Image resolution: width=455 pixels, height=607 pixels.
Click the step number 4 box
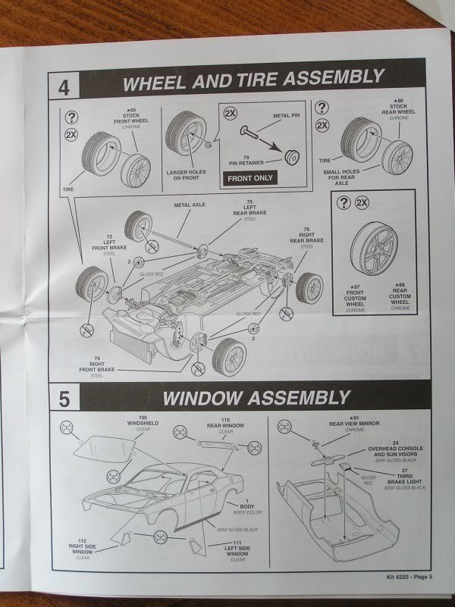[64, 83]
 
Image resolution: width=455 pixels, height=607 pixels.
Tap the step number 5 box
[64, 396]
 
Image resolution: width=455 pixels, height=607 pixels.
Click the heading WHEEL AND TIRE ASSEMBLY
[253, 77]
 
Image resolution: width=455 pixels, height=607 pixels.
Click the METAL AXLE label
[190, 205]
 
